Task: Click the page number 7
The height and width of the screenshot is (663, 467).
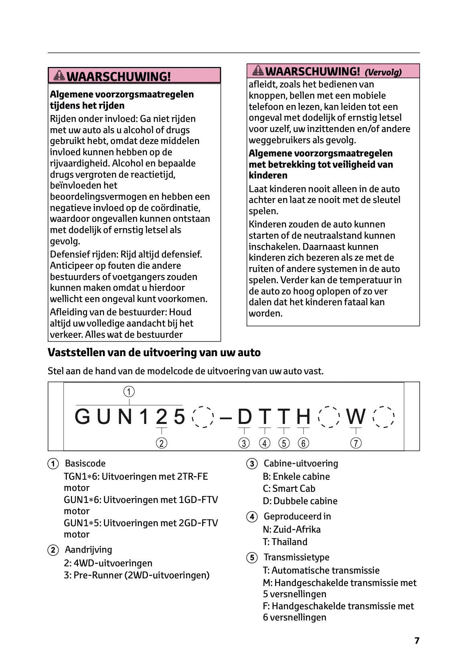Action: [x=416, y=641]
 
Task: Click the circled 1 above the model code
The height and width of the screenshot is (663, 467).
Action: [x=129, y=391]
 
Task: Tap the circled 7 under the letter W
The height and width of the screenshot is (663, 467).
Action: [x=356, y=443]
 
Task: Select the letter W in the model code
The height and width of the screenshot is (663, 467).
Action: [x=356, y=416]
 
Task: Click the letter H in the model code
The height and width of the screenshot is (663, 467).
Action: [x=303, y=416]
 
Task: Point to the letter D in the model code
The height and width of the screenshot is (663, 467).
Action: [x=245, y=416]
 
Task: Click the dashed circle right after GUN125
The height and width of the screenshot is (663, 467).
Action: [x=204, y=417]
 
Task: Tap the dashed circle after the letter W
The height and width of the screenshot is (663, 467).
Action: [x=384, y=417]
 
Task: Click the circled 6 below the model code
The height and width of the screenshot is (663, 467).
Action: [x=303, y=443]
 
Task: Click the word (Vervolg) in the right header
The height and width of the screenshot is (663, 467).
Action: [x=383, y=73]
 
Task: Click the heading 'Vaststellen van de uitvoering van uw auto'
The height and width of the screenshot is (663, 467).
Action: [x=154, y=353]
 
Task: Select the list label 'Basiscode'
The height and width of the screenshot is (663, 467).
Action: [x=85, y=463]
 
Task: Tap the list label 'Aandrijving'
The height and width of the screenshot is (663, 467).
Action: [x=88, y=549]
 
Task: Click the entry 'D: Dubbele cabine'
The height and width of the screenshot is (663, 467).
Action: [x=300, y=501]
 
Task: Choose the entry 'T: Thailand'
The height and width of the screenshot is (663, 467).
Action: [x=285, y=542]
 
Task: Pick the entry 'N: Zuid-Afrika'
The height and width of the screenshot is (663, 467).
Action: [x=291, y=529]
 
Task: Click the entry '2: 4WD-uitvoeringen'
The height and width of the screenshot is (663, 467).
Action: [x=108, y=563]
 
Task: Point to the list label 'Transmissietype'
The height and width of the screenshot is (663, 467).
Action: [x=296, y=557]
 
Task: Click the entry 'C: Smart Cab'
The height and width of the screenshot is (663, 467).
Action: [x=289, y=489]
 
